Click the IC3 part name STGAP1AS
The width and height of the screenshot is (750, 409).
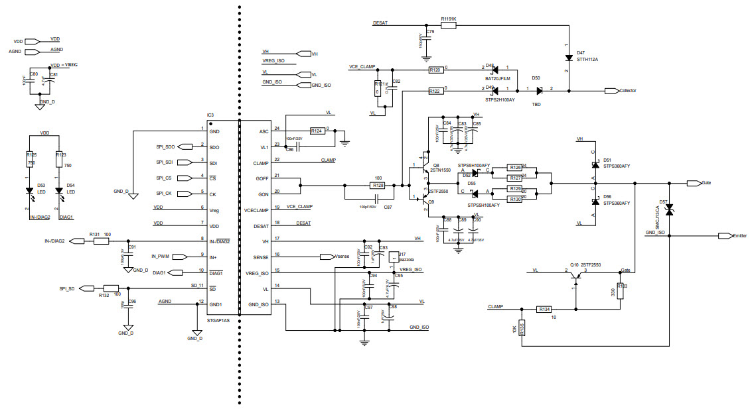coord(219,320)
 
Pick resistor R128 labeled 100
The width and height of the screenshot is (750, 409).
coord(378,186)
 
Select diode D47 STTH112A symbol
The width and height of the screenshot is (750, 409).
coord(568,57)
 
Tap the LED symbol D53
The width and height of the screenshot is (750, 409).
coord(30,192)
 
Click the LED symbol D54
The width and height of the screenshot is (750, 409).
coord(59,192)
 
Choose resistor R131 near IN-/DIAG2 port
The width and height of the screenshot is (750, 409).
coord(101,241)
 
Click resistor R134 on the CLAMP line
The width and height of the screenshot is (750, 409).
coord(544,309)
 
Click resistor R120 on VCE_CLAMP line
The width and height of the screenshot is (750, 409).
coord(435,70)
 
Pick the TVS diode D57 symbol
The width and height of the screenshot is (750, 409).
coord(670,210)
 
